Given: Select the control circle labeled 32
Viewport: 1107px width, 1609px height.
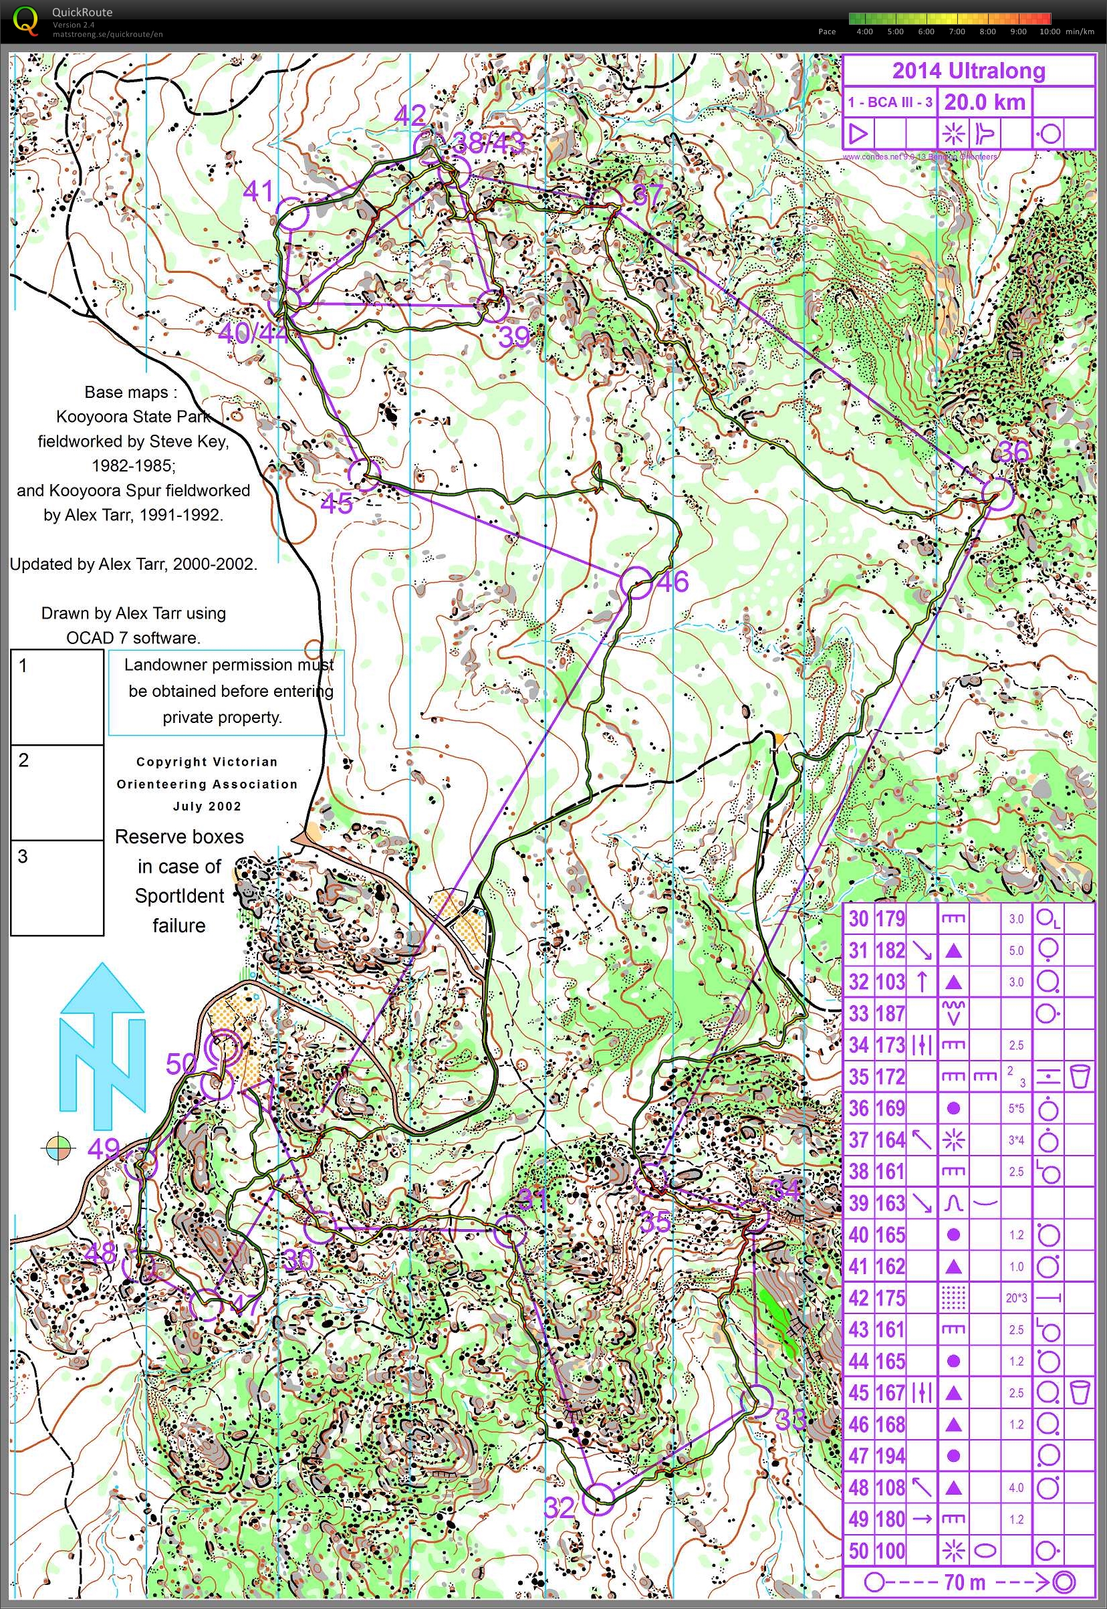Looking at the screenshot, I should point(598,1498).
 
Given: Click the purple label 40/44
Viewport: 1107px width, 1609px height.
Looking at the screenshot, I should point(253,334).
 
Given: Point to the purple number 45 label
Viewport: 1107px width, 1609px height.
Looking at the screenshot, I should point(336,504).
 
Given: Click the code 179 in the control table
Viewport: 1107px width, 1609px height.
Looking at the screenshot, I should point(890,919).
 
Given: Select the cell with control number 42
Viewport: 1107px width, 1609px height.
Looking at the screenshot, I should point(858,1298).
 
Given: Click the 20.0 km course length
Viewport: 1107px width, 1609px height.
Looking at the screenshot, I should point(984,102).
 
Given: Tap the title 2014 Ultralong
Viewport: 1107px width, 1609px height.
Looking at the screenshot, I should point(968,71).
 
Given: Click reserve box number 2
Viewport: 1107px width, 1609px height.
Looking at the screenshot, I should point(57,792).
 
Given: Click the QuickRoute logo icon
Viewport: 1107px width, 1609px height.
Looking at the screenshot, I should point(25,20).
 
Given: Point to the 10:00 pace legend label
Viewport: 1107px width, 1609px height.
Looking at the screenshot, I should point(1050,31).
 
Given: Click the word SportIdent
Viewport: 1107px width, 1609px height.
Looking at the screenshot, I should point(179,895).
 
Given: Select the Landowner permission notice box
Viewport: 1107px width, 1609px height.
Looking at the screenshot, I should point(226,691).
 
